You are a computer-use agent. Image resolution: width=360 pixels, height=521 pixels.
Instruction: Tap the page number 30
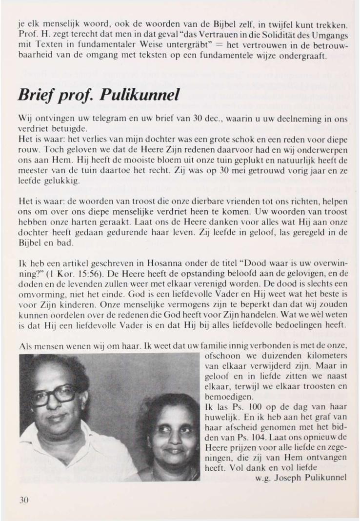coord(24,499)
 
